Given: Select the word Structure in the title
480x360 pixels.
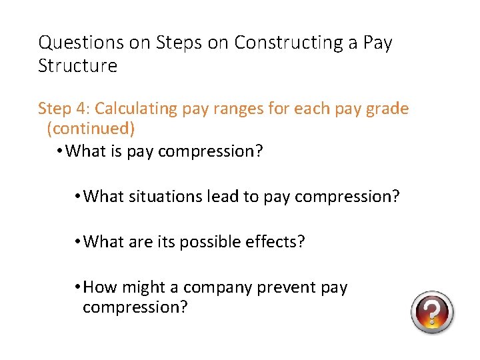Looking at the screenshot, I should (x=77, y=66).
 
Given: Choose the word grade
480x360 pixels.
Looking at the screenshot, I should (x=387, y=108).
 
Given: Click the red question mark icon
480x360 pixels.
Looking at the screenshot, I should (x=432, y=312).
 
